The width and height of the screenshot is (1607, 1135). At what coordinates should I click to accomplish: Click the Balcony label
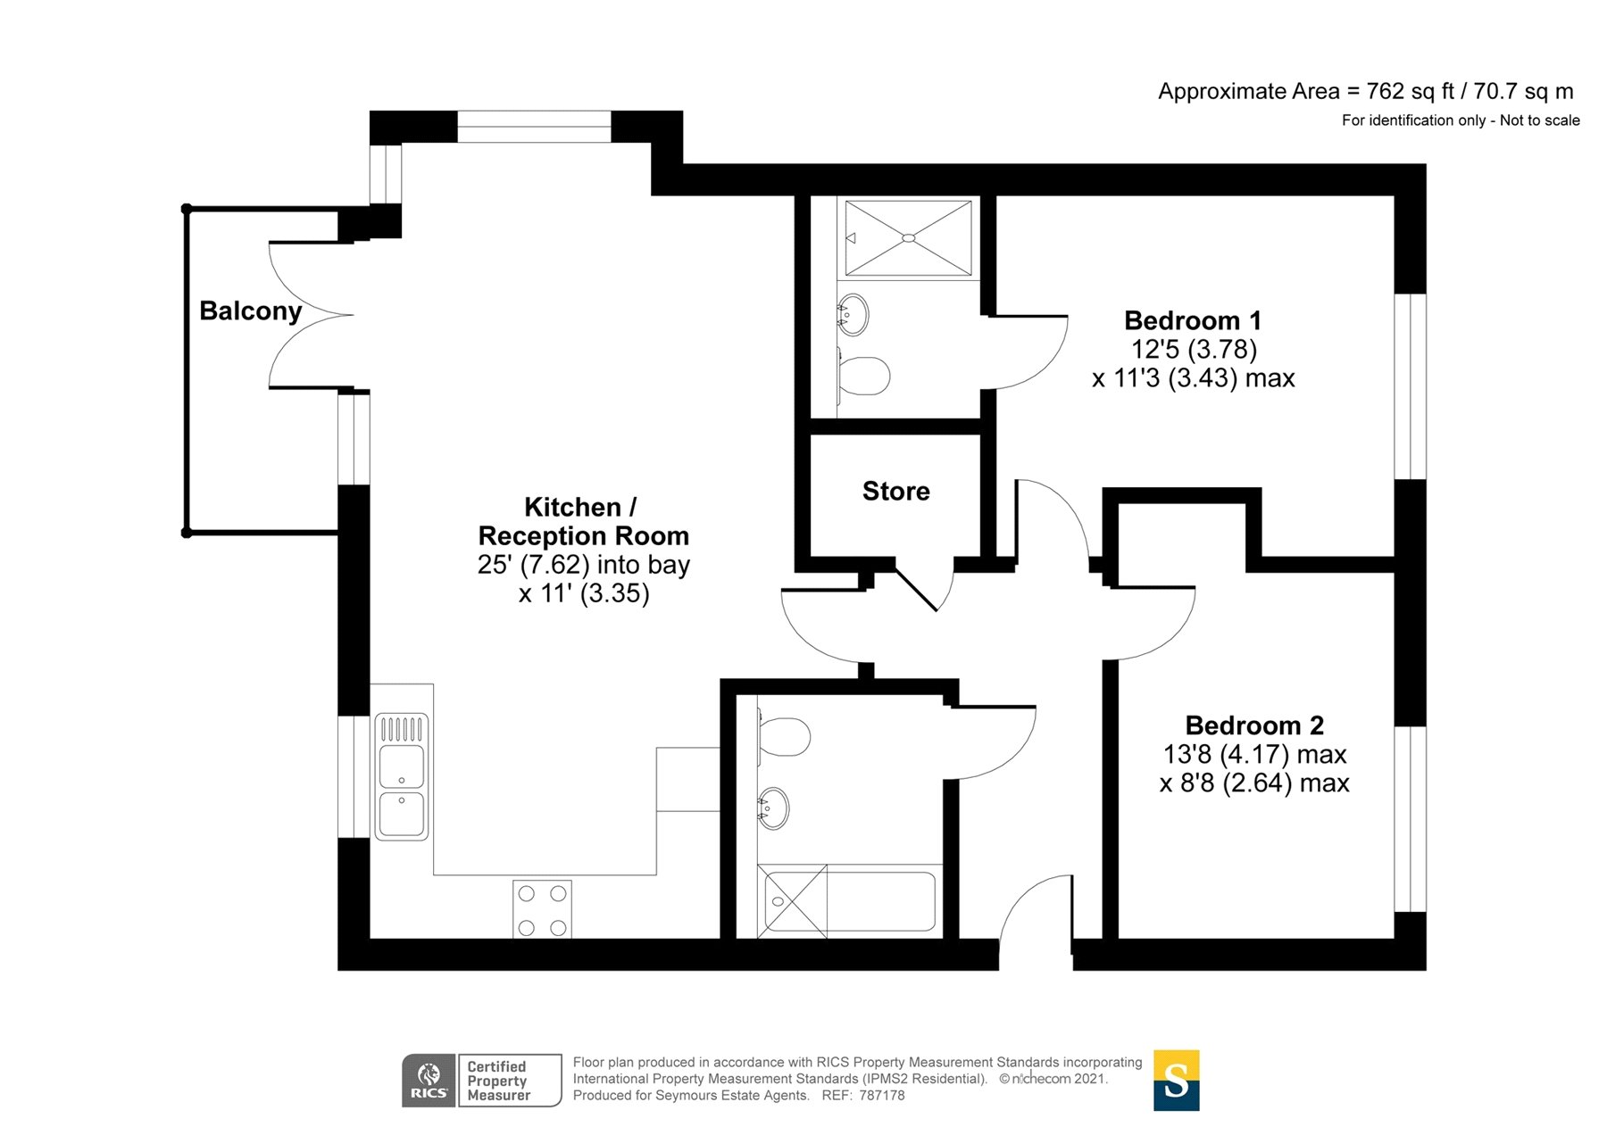pyautogui.click(x=250, y=311)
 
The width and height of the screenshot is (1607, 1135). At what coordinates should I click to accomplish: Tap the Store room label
pyautogui.click(x=895, y=491)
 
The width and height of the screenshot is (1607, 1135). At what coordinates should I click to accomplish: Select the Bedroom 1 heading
pyautogui.click(x=1193, y=320)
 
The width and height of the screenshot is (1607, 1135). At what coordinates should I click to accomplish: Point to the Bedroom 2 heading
pyautogui.click(x=1254, y=725)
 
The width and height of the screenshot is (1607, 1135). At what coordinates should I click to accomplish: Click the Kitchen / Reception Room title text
pyautogui.click(x=584, y=521)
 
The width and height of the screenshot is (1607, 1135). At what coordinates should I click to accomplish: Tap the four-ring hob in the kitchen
pyautogui.click(x=542, y=909)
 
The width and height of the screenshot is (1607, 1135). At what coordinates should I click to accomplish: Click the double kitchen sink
pyautogui.click(x=402, y=776)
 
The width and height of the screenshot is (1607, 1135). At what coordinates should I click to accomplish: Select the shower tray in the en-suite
pyautogui.click(x=908, y=238)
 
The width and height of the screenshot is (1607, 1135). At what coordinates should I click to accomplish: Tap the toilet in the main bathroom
pyautogui.click(x=784, y=737)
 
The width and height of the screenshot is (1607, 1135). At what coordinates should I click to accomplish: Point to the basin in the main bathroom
pyautogui.click(x=773, y=808)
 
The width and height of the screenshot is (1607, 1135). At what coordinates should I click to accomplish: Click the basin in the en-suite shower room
pyautogui.click(x=853, y=314)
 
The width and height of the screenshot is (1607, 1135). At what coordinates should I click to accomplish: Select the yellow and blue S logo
pyautogui.click(x=1176, y=1081)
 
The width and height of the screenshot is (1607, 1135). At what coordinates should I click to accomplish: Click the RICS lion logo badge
pyautogui.click(x=429, y=1081)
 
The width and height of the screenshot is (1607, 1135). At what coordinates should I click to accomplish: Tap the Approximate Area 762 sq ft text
pyautogui.click(x=1365, y=91)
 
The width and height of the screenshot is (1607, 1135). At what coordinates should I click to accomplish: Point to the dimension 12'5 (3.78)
pyautogui.click(x=1194, y=349)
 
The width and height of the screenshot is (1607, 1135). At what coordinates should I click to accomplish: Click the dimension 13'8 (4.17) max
pyautogui.click(x=1254, y=754)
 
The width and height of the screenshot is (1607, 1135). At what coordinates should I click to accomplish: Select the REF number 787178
pyautogui.click(x=881, y=1095)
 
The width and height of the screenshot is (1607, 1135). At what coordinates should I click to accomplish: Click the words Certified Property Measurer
pyautogui.click(x=498, y=1081)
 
